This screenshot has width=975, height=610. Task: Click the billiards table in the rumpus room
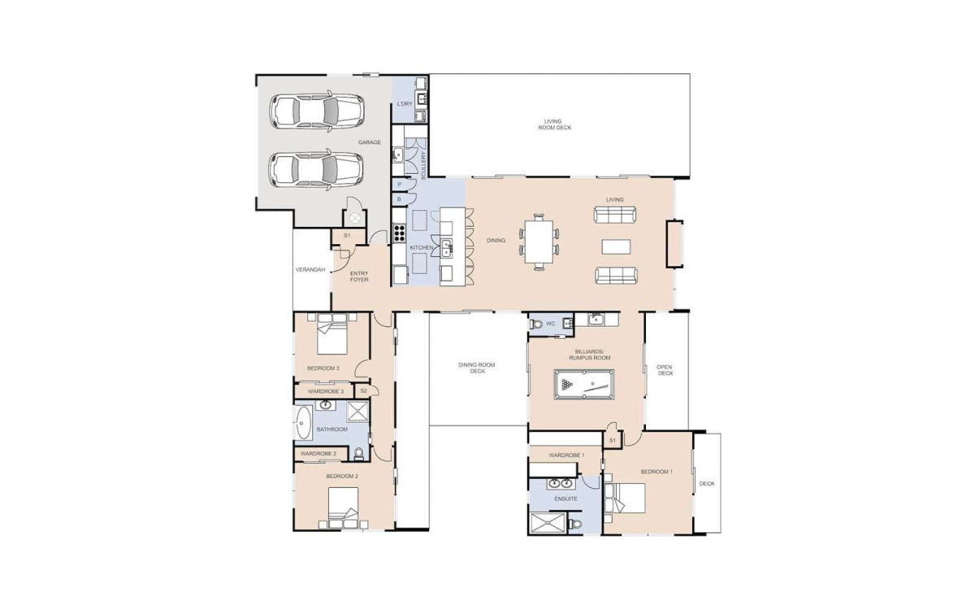[x=584, y=384]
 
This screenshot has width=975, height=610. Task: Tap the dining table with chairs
[x=539, y=242]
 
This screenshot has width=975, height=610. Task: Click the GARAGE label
[x=369, y=142]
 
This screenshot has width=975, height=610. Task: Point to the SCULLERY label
[x=424, y=166]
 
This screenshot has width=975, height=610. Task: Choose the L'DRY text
[x=405, y=104]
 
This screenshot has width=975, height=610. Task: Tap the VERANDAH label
[x=310, y=270]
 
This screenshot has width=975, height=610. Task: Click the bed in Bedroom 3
[x=332, y=334]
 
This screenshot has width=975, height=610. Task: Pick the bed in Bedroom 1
[x=625, y=499]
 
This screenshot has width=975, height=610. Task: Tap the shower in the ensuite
[x=548, y=523]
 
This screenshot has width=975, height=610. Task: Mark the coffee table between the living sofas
[x=616, y=246]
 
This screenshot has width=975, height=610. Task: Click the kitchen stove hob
[x=399, y=233]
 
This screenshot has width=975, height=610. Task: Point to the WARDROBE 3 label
[x=326, y=391]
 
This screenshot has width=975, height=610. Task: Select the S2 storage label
[x=364, y=391]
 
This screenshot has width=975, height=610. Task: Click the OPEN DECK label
[x=665, y=370]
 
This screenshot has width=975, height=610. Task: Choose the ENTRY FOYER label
[x=359, y=277]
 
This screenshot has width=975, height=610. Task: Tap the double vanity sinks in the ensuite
[x=560, y=483]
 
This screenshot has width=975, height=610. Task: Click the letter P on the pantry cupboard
[x=400, y=185]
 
